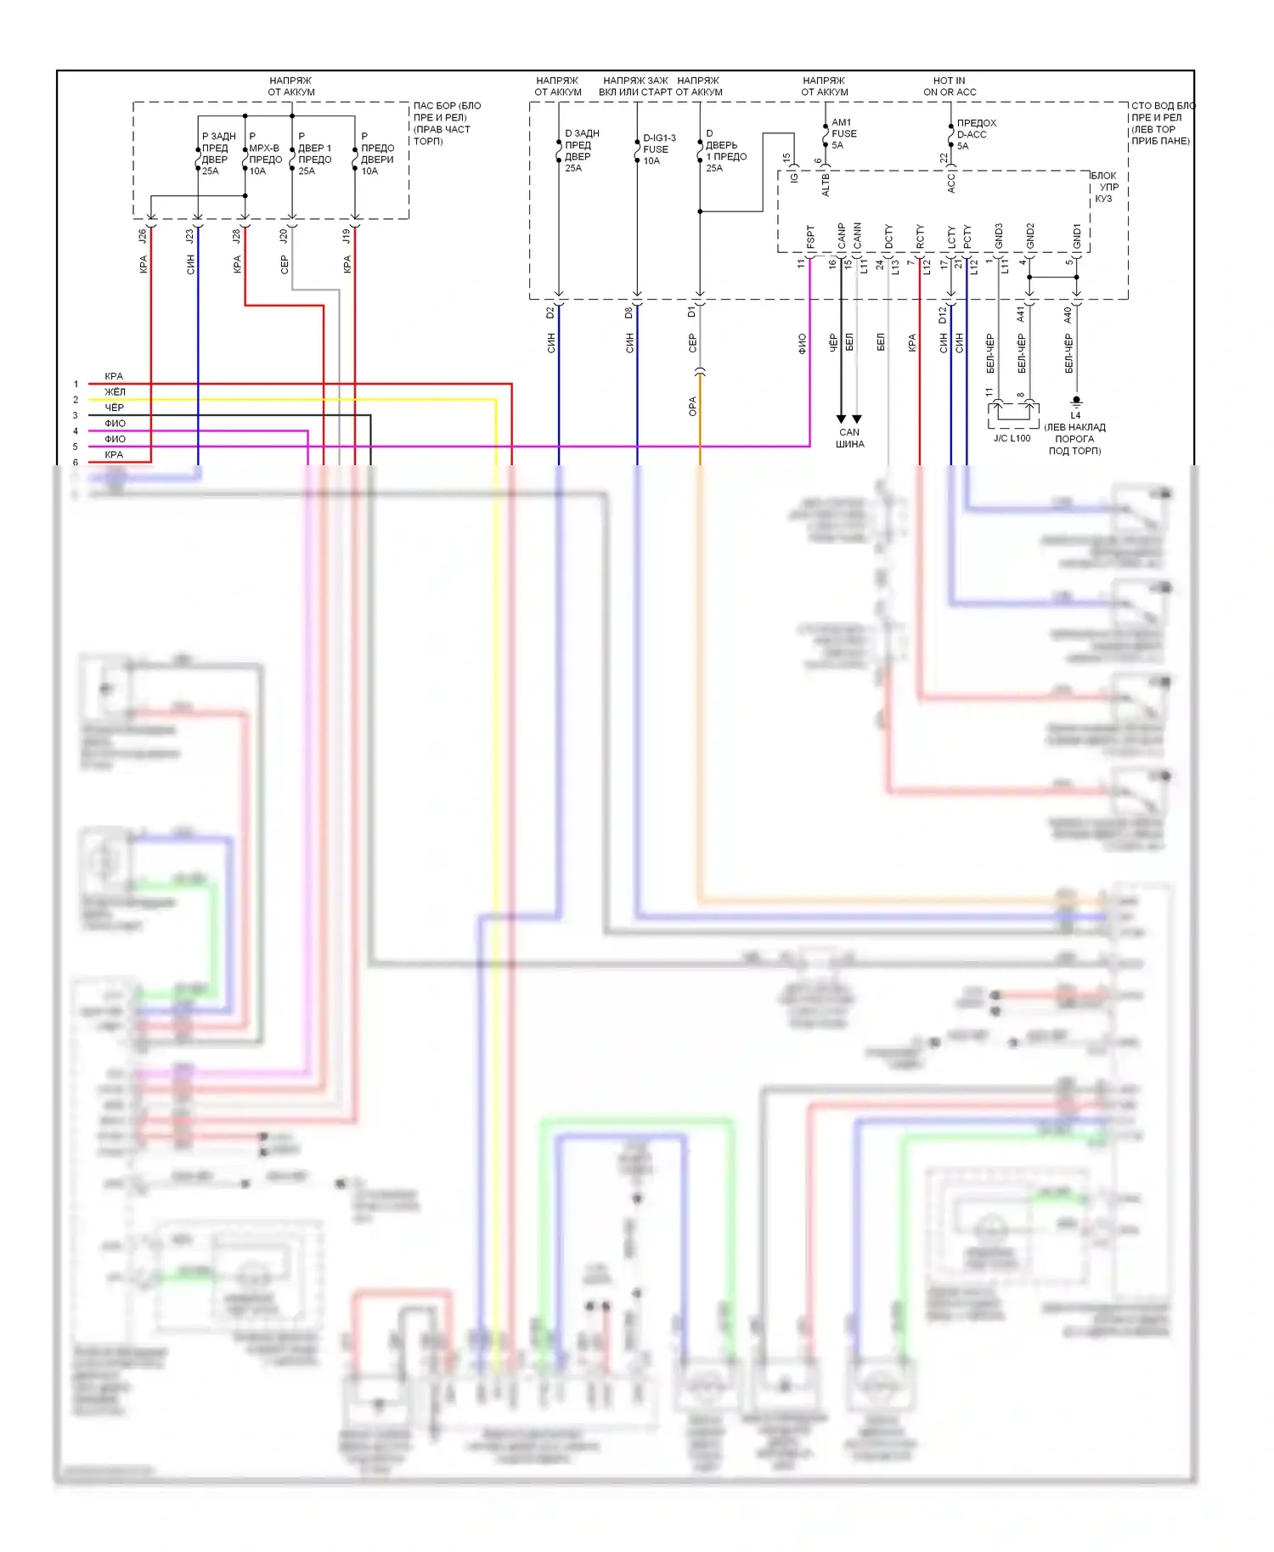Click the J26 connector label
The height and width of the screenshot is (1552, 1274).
[x=143, y=236]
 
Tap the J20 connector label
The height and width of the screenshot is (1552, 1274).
[x=284, y=236]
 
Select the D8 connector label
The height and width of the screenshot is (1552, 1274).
[x=629, y=312]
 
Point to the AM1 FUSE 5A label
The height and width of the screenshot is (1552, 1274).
[x=843, y=133]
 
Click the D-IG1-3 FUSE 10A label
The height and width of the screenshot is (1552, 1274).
[x=658, y=149]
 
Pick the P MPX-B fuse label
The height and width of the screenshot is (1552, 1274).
[x=264, y=153]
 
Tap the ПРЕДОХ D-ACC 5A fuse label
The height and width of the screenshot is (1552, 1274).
[x=976, y=134]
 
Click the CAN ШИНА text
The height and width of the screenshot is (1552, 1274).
[x=849, y=438]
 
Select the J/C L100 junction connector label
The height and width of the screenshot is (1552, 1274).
[x=1012, y=438]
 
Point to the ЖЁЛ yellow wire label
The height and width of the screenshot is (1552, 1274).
[x=115, y=392]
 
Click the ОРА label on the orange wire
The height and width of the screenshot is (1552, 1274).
[x=692, y=407]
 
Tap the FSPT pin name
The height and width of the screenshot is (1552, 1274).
[x=810, y=237]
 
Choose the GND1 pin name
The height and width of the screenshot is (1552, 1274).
[x=1077, y=236]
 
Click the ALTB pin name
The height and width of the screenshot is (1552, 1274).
[x=826, y=185]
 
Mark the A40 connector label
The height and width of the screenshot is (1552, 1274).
[x=1068, y=315]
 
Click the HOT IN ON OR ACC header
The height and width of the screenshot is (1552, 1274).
[x=950, y=87]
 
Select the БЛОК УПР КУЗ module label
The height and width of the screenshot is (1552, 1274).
[x=1104, y=187]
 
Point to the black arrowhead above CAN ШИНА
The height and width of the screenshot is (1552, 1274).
[x=841, y=419]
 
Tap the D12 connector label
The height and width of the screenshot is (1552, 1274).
[x=943, y=315]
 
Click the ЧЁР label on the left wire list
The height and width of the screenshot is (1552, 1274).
[x=115, y=408]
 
